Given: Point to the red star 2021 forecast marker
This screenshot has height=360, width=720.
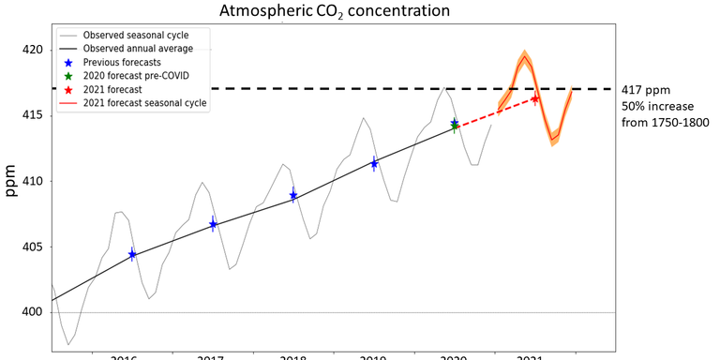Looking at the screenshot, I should [534, 98].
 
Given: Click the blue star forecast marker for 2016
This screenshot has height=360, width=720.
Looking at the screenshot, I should [132, 254].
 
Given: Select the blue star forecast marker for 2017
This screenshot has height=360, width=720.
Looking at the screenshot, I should [213, 224].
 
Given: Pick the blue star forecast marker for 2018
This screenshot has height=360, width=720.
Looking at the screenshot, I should [293, 196].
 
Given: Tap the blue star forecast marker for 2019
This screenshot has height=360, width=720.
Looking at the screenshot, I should [374, 164].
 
